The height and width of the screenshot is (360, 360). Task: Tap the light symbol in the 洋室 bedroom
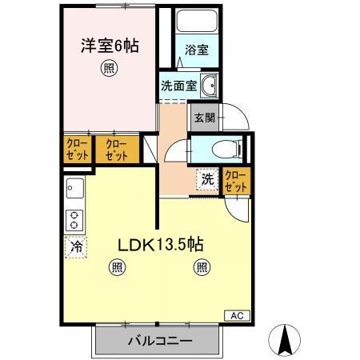pos(108,69)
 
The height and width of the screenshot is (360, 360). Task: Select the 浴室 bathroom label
pos(197,50)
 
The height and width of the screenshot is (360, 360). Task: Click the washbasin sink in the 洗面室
pos(210,86)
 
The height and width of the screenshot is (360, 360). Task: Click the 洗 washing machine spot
pos(206,180)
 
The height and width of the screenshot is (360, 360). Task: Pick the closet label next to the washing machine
pos(236,180)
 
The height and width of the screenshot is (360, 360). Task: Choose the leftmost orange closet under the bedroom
pos(77,149)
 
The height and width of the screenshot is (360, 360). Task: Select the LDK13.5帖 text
pos(159,246)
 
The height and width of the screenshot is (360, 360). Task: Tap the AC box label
pos(237,315)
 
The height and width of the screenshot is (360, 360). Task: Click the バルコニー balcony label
pos(158,340)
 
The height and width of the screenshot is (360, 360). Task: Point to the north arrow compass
pos(284,339)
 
